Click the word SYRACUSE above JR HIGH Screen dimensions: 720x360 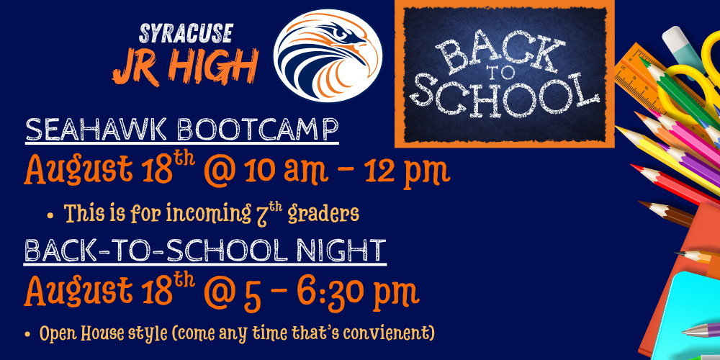186,35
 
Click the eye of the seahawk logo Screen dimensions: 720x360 341,34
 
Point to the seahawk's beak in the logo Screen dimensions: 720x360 361,45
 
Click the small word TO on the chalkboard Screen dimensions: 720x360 504,77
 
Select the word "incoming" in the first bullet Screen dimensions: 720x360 208,213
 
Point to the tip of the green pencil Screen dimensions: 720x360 643,60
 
